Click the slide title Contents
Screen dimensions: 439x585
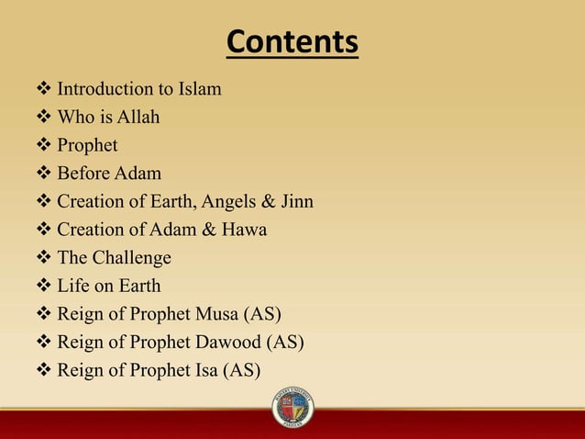pyautogui.click(x=292, y=42)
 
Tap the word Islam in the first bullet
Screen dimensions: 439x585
pyautogui.click(x=200, y=90)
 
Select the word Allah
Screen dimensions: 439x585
pyautogui.click(x=138, y=118)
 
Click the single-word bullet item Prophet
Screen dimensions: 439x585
pyautogui.click(x=87, y=146)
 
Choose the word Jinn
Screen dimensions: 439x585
pyautogui.click(x=294, y=202)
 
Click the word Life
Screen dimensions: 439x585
pyautogui.click(x=73, y=287)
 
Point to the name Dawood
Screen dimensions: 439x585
pyautogui.click(x=227, y=343)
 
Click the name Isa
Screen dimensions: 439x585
pyautogui.click(x=206, y=371)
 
